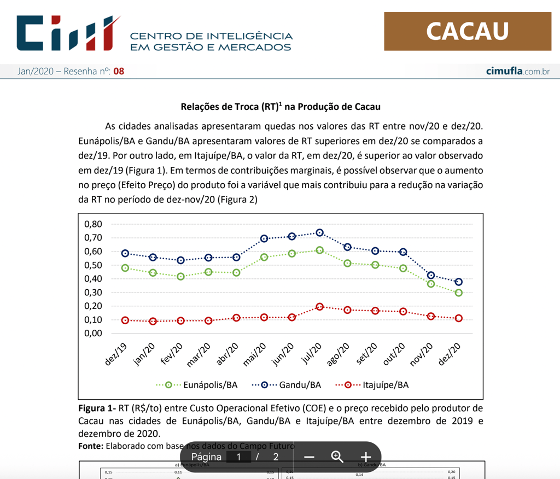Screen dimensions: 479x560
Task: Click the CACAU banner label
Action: tap(468, 31)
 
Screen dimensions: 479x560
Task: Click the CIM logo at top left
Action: tap(68, 33)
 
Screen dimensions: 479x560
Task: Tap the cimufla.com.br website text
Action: tap(517, 71)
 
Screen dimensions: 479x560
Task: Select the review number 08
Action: tap(119, 71)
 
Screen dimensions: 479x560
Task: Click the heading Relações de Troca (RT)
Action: tap(280, 107)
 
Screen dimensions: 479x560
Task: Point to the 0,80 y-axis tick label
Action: tap(94, 224)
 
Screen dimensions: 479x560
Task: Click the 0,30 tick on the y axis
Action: tap(94, 293)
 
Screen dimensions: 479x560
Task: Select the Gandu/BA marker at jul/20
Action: tap(320, 233)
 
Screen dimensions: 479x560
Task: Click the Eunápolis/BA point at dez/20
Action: tap(458, 293)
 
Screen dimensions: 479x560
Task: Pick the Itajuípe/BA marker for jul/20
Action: tap(320, 307)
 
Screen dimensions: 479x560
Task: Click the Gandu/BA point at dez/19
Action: tap(125, 254)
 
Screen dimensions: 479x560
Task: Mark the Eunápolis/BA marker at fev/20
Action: tap(180, 277)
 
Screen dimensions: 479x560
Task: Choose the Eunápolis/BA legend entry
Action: tap(197, 385)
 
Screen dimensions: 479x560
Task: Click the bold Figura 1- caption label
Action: tap(97, 408)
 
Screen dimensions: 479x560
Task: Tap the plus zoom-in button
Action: tap(365, 457)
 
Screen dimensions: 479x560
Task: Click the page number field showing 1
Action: tap(238, 457)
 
